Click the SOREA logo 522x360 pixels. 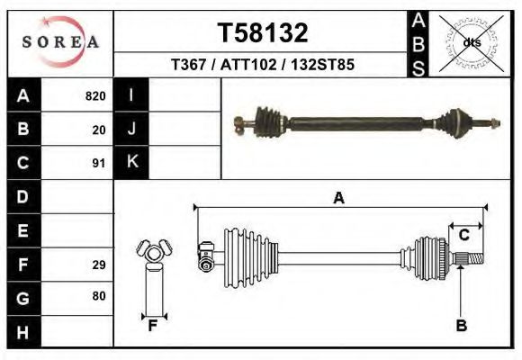60,42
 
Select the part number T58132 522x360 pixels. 263,32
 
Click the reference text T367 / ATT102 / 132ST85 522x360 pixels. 263,65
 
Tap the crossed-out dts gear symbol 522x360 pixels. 472,42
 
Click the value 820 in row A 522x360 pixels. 95,96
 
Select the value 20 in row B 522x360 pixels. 99,130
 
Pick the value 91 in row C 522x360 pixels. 99,163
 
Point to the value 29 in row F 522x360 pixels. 99,265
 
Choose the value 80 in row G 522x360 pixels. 99,296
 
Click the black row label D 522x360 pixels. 22,196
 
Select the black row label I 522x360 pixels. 131,96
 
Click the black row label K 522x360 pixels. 131,163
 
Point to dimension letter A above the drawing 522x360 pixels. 338,199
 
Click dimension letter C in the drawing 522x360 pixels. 464,236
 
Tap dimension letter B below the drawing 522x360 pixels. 461,326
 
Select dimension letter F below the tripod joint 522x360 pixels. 153,326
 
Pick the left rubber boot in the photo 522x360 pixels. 267,119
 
